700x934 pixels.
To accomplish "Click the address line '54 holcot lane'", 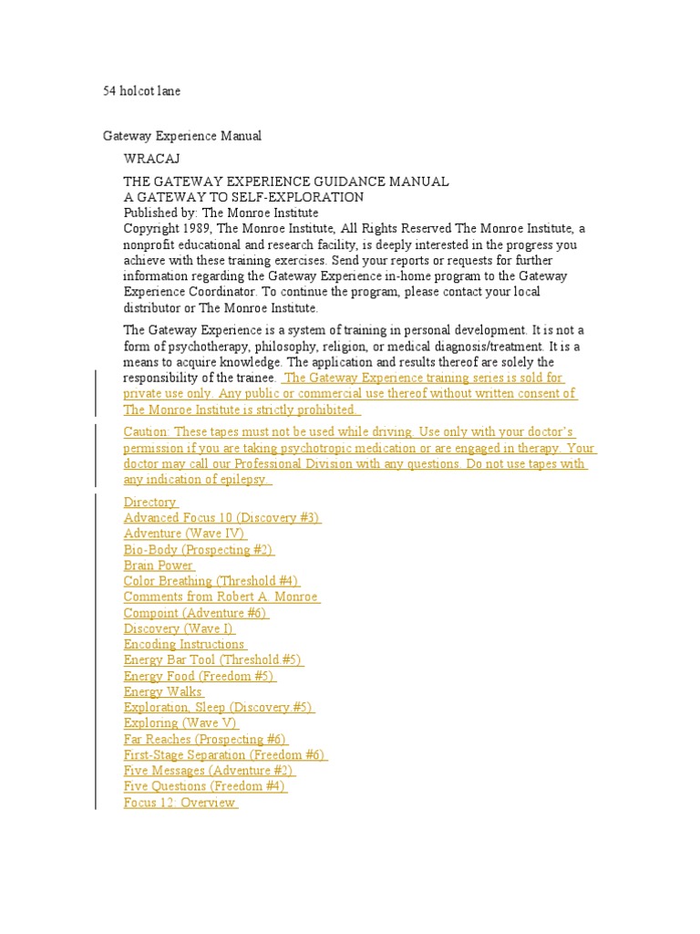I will click(x=140, y=91).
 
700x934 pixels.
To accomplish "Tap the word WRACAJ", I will click(x=145, y=159).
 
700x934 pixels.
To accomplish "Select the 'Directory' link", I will click(x=150, y=502).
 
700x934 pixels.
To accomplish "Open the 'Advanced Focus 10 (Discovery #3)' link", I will click(x=221, y=518).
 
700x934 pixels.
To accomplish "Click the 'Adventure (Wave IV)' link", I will click(x=184, y=534).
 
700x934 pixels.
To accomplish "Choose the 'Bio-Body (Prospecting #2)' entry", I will click(x=198, y=549).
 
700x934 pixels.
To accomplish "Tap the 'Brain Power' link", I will click(x=159, y=566).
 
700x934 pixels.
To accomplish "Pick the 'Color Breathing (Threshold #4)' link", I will click(x=211, y=581).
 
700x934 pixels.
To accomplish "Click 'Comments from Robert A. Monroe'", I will click(x=221, y=597).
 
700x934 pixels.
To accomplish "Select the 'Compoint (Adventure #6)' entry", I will click(x=195, y=613).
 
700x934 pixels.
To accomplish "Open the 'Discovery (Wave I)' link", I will click(x=179, y=628).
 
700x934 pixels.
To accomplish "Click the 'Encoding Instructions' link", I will click(x=184, y=644).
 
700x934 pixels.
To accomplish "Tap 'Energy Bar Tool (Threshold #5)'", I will click(x=212, y=659).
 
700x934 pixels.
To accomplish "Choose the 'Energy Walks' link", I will click(x=163, y=691).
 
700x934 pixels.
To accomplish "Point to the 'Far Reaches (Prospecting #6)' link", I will click(x=205, y=739).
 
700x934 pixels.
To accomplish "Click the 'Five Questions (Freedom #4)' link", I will click(x=205, y=786).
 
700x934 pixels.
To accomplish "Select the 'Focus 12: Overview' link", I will click(x=180, y=803).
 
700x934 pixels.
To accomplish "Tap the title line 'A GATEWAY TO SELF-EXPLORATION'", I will click(x=243, y=197).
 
